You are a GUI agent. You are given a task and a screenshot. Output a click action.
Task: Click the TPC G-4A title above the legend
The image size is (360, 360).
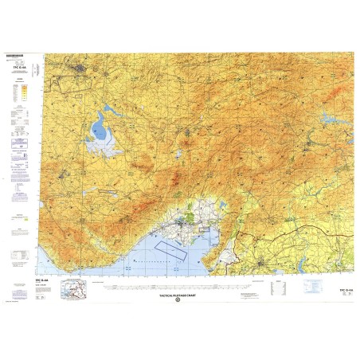pos(18,70)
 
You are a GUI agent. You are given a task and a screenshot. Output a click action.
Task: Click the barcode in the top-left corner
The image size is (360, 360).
pos(15,56)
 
